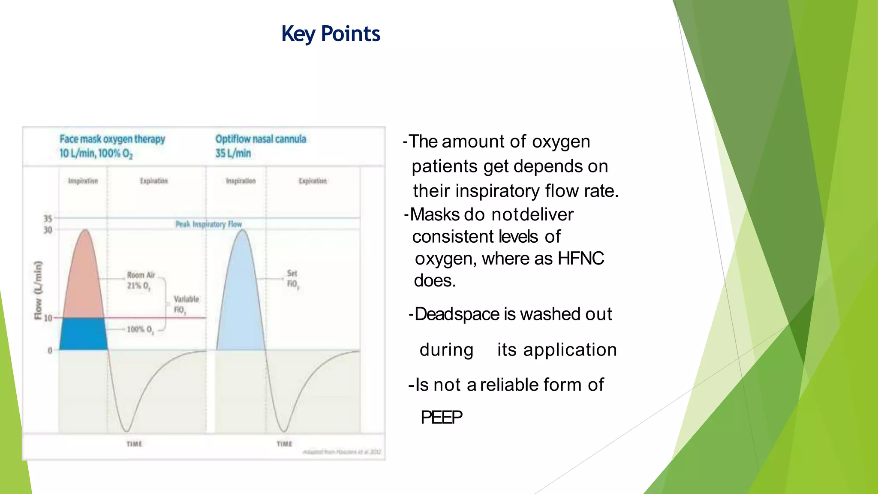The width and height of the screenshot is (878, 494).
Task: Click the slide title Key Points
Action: click(330, 33)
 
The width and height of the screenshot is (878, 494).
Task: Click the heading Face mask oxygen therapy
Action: click(112, 139)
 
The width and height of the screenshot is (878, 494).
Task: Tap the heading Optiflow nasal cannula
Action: click(261, 139)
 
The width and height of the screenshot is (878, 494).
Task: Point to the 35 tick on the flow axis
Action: click(48, 219)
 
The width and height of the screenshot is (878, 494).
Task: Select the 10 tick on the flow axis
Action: click(48, 318)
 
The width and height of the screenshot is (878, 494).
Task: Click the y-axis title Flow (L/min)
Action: click(38, 290)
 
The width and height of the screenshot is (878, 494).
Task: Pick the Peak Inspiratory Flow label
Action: click(208, 224)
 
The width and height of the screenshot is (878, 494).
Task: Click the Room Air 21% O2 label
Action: click(140, 280)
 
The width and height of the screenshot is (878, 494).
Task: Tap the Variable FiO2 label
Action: click(186, 304)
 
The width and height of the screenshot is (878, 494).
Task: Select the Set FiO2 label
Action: click(292, 279)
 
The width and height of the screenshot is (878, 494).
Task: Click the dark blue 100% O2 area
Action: click(83, 334)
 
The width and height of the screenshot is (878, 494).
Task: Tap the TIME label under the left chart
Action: click(134, 444)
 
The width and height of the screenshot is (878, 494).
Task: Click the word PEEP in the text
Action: click(441, 417)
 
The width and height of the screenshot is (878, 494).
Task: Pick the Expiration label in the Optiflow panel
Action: click(313, 181)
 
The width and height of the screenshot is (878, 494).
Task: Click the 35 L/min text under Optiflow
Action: click(233, 153)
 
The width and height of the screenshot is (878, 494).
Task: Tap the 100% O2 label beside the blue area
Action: click(140, 329)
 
